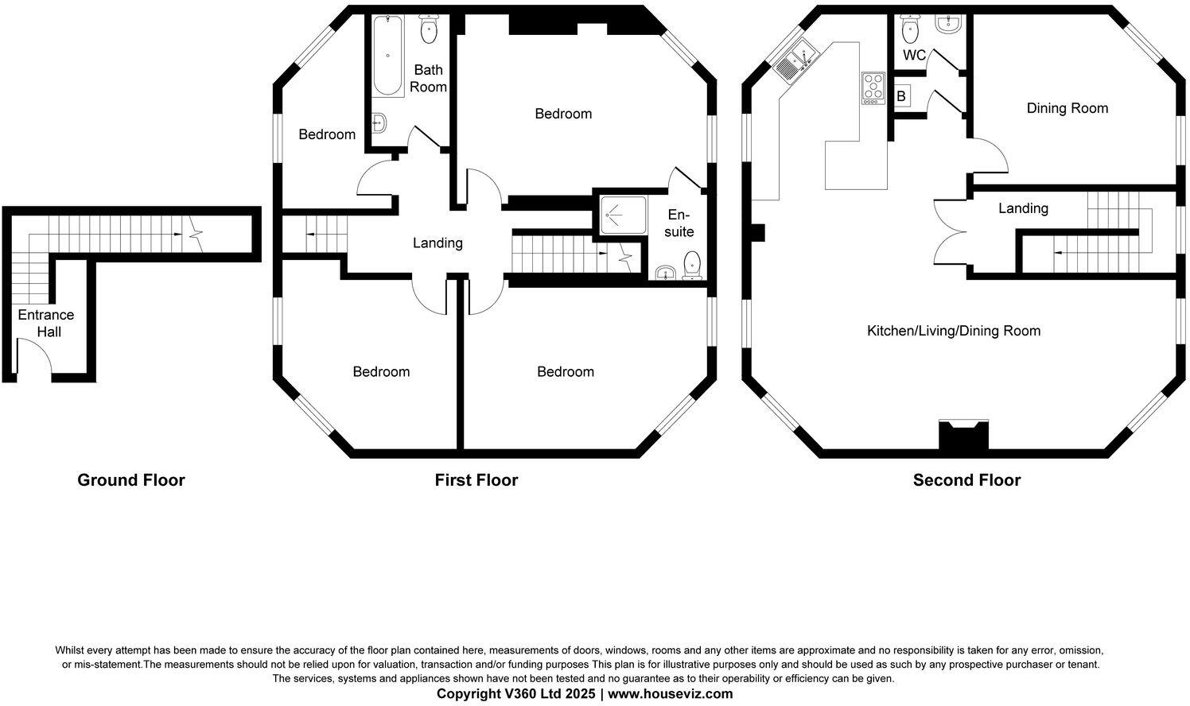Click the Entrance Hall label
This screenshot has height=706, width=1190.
point(46,324)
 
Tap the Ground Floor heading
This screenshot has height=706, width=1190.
point(130,480)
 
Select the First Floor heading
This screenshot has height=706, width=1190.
point(476,480)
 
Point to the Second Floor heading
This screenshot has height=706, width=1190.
point(966,480)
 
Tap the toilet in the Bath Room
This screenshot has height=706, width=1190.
point(429,29)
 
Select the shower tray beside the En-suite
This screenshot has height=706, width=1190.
point(622,215)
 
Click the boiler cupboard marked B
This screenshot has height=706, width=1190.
point(902,97)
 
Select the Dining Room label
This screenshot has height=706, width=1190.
point(1067,108)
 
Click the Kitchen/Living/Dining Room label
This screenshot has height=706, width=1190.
point(953,331)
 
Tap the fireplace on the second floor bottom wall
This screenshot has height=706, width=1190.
point(963,436)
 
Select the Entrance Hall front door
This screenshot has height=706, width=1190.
point(34,358)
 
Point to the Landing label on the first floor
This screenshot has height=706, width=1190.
point(437,243)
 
